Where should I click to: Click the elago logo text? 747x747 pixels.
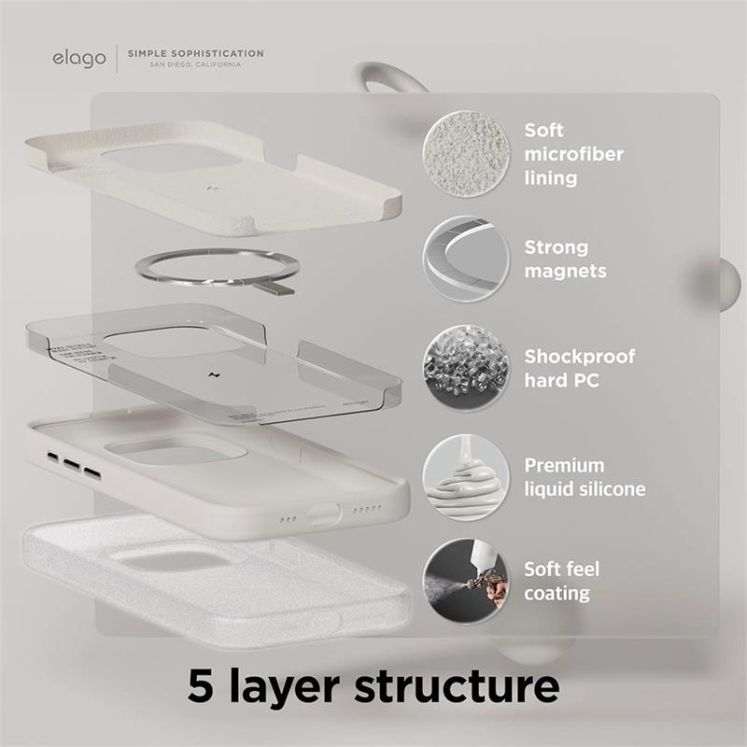pyautogui.click(x=79, y=59)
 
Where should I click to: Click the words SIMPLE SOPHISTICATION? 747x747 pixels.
pyautogui.click(x=195, y=53)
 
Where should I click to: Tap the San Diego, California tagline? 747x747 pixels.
pyautogui.click(x=195, y=65)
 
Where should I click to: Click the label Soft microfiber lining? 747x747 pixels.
pyautogui.click(x=573, y=153)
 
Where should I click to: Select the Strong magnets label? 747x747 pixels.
pyautogui.click(x=565, y=260)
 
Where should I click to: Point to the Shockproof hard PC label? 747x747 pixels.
pyautogui.click(x=579, y=368)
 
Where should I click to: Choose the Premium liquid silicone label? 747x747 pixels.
pyautogui.click(x=584, y=477)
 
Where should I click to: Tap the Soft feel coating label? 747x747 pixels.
pyautogui.click(x=561, y=581)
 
